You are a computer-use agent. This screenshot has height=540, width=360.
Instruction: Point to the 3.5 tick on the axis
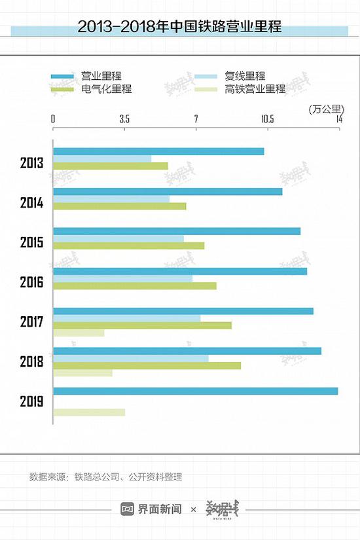click(124, 118)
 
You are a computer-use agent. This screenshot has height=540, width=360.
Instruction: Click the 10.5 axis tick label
click(267, 118)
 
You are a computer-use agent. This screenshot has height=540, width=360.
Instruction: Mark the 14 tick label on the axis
click(338, 118)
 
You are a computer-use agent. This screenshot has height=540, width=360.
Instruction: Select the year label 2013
click(31, 163)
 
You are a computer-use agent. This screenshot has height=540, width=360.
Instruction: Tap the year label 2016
click(31, 283)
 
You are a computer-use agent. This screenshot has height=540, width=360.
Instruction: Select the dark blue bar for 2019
click(195, 391)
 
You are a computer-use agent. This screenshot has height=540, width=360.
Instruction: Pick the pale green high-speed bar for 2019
click(89, 412)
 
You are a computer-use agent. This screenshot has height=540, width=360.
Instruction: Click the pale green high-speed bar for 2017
click(79, 333)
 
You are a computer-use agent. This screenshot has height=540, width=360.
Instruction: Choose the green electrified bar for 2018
click(147, 365)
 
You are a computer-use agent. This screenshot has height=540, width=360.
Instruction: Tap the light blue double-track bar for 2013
click(102, 158)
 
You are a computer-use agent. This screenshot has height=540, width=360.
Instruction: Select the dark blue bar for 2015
click(177, 231)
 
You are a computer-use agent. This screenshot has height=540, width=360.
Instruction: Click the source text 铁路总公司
click(96, 477)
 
